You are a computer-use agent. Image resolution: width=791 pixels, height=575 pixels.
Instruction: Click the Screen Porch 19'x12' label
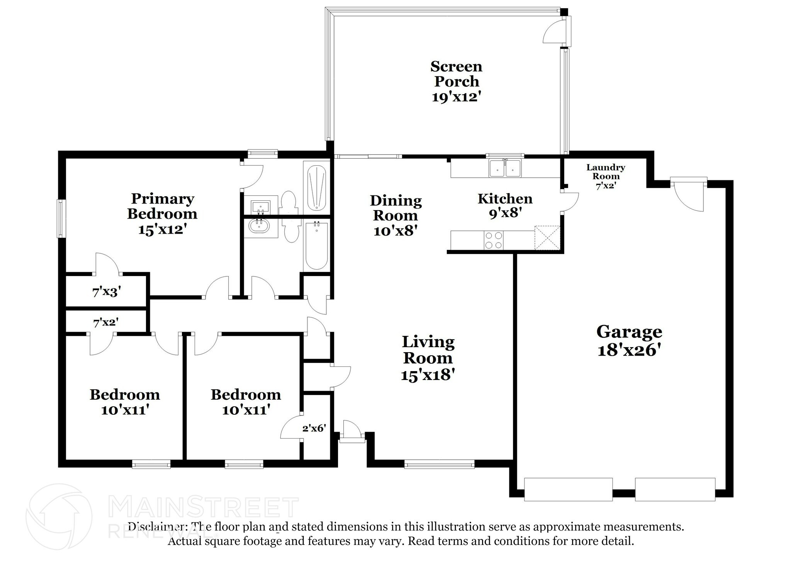456,81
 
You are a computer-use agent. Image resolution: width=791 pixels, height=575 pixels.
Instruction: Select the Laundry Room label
605,172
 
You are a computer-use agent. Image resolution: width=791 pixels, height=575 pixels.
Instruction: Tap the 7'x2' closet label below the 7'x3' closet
105,322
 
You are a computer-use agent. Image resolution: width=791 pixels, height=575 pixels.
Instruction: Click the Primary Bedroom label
162,206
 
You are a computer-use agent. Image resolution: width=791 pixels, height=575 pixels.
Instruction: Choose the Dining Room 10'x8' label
395,215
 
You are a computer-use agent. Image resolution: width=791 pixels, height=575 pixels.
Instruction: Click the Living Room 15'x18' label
428,358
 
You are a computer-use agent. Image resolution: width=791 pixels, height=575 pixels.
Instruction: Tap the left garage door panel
568,489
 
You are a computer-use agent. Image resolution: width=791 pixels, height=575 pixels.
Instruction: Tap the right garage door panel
675,489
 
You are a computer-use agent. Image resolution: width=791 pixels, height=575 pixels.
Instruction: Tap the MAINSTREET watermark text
204,508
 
